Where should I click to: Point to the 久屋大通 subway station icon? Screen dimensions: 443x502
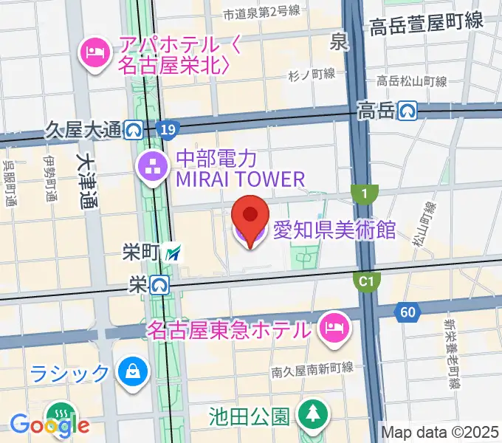point(134,131)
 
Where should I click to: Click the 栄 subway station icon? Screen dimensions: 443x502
point(159,284)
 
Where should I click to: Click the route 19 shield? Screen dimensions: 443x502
point(168,131)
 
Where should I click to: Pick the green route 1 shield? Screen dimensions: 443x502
point(364,193)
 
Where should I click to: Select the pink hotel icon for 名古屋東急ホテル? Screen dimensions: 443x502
point(334,327)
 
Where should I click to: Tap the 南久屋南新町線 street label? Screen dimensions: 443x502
point(313,371)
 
